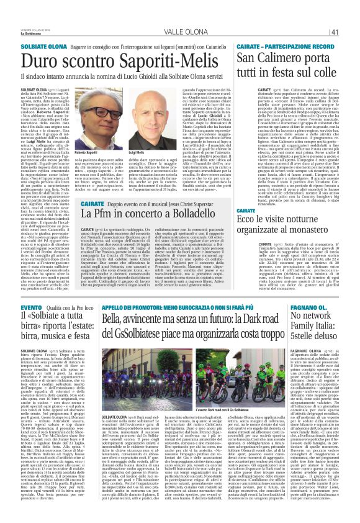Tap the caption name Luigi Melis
pos(136,152)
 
